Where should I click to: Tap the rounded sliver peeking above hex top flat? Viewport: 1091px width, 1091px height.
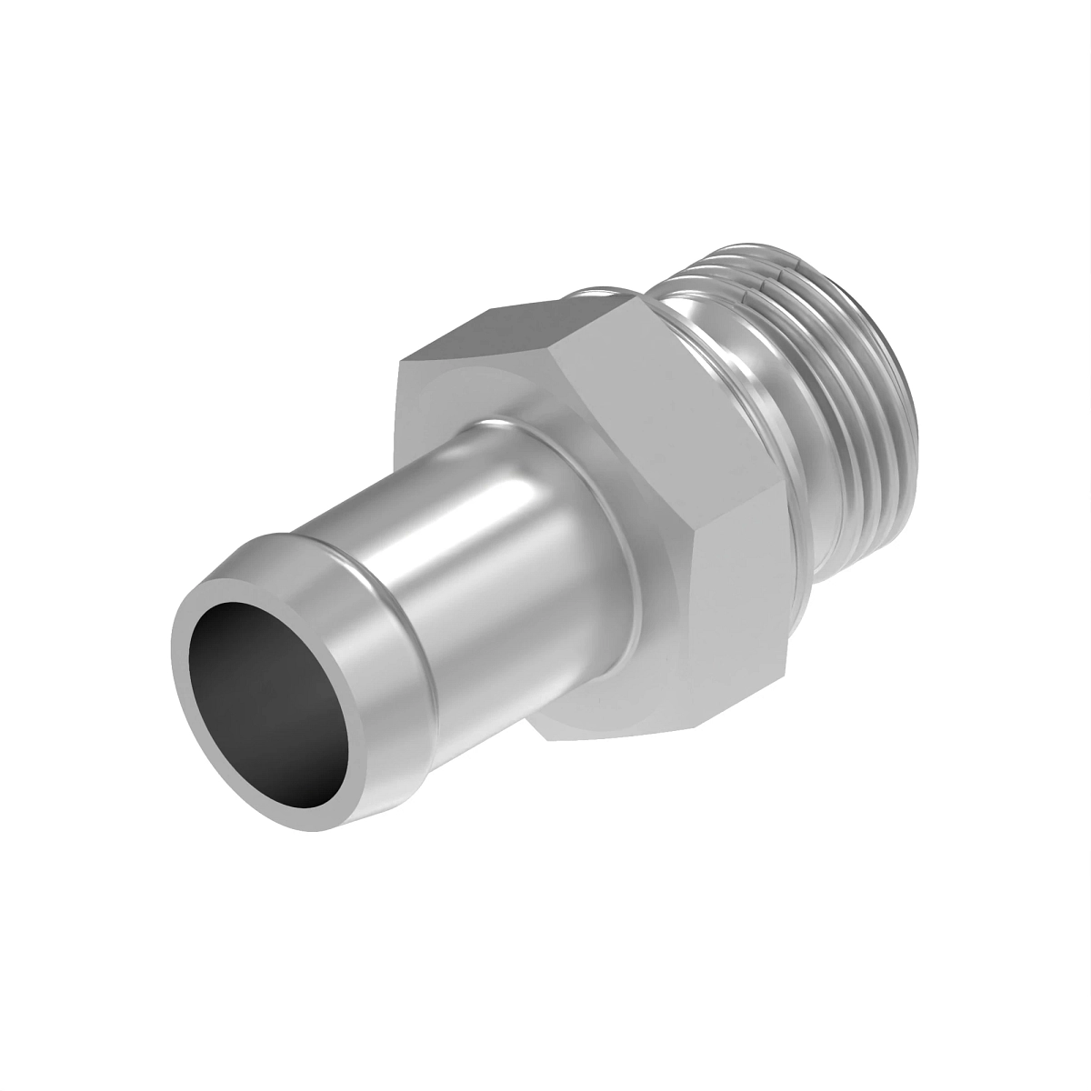click(x=600, y=291)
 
